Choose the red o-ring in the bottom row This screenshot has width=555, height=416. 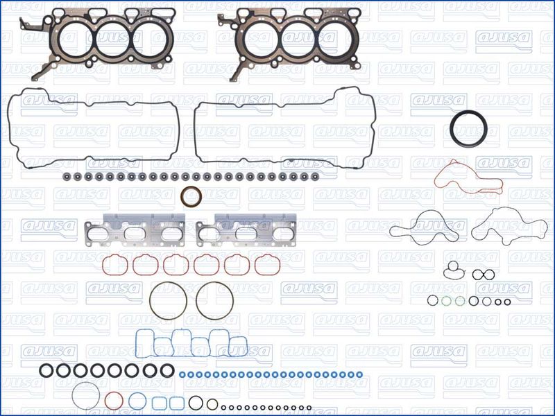click(x=105, y=401)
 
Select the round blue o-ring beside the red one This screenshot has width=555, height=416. click(x=129, y=401)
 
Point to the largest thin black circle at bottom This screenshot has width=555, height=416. click(x=72, y=396)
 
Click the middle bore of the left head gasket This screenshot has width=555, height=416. click(x=96, y=39)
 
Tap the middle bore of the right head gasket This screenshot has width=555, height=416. click(x=282, y=39)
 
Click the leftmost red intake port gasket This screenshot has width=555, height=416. click(x=103, y=266)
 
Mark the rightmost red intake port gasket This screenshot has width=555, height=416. click(x=255, y=266)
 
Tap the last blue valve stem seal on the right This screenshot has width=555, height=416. click(x=359, y=374)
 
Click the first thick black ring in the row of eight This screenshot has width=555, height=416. click(x=40, y=371)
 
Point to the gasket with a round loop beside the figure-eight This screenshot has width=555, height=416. click(x=445, y=272)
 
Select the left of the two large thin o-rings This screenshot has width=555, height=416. click(x=150, y=301)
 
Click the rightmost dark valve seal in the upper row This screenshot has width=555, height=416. click(x=315, y=176)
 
